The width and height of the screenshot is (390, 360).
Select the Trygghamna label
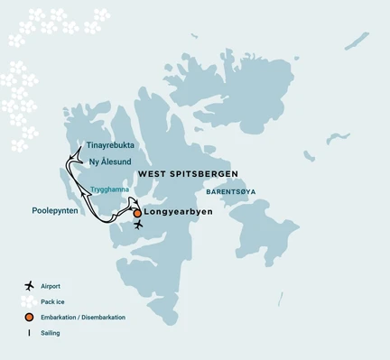tap(110, 189)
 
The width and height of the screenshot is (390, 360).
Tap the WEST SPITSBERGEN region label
tap(187, 171)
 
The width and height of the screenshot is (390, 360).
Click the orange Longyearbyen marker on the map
tap(137, 214)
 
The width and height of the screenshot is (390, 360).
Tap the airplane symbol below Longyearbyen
tap(137, 226)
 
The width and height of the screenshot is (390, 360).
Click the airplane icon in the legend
tap(30, 286)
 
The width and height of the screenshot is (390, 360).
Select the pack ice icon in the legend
tap(30, 302)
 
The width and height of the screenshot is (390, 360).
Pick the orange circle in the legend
tap(30, 318)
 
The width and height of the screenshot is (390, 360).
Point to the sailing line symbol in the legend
tap(30, 334)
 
